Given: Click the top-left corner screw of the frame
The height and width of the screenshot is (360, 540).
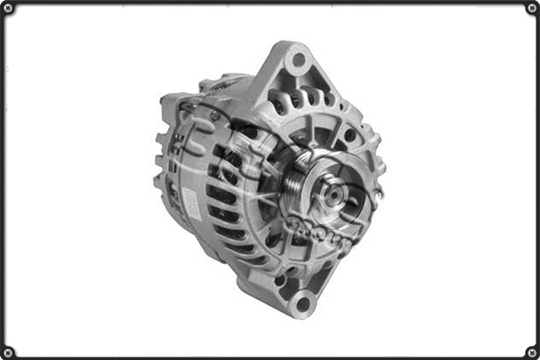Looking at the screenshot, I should [8, 8].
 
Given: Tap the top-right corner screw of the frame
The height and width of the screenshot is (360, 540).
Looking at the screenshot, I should [531, 8].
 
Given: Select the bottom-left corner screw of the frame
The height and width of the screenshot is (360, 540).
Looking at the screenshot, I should [8, 351].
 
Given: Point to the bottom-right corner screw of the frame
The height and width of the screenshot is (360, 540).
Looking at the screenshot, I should [531, 351].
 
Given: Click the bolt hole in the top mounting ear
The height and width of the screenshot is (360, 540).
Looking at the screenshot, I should [298, 61].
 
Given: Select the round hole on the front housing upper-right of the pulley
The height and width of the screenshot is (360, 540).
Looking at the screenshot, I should [348, 135].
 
